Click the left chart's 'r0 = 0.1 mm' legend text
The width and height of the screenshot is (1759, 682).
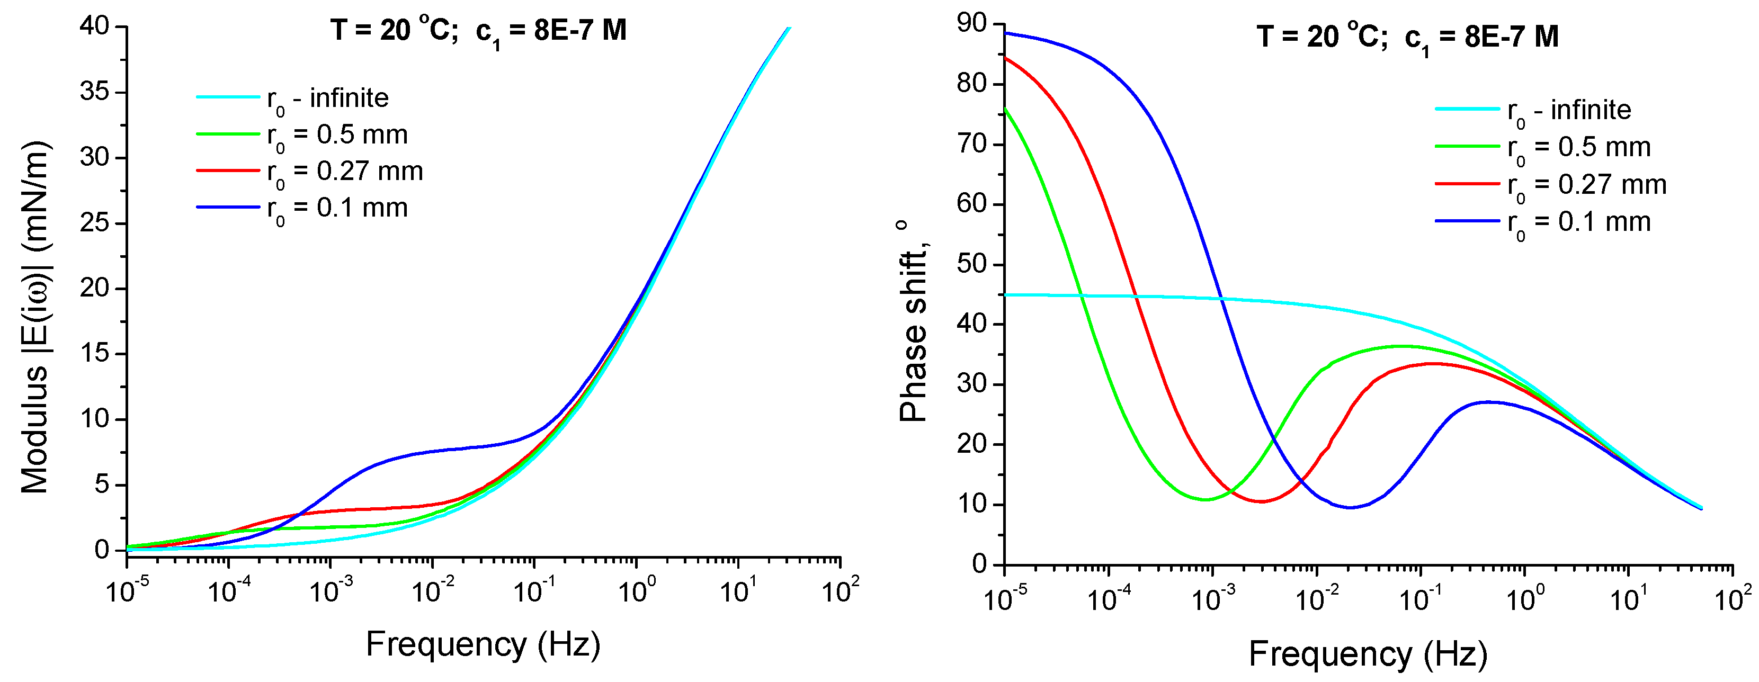pyautogui.click(x=337, y=208)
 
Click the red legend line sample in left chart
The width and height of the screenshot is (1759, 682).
pyautogui.click(x=227, y=170)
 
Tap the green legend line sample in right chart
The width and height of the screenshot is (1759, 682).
pyautogui.click(x=1467, y=146)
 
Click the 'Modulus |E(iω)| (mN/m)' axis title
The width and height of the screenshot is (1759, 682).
pyautogui.click(x=35, y=318)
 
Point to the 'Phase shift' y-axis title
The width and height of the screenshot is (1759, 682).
pyautogui.click(x=913, y=321)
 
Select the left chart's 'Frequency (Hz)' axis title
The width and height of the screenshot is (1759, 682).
pyautogui.click(x=483, y=644)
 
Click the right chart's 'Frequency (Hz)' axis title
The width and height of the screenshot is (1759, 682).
pyautogui.click(x=1368, y=653)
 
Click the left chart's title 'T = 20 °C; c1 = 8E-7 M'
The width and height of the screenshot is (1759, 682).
pyautogui.click(x=478, y=31)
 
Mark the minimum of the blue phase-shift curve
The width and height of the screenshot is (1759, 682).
pyautogui.click(x=1350, y=507)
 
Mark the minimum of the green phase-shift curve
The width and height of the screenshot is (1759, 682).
pyautogui.click(x=1206, y=500)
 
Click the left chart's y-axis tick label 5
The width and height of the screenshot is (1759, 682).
pyautogui.click(x=102, y=484)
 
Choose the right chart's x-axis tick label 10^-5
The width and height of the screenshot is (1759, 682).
pyautogui.click(x=1004, y=599)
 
